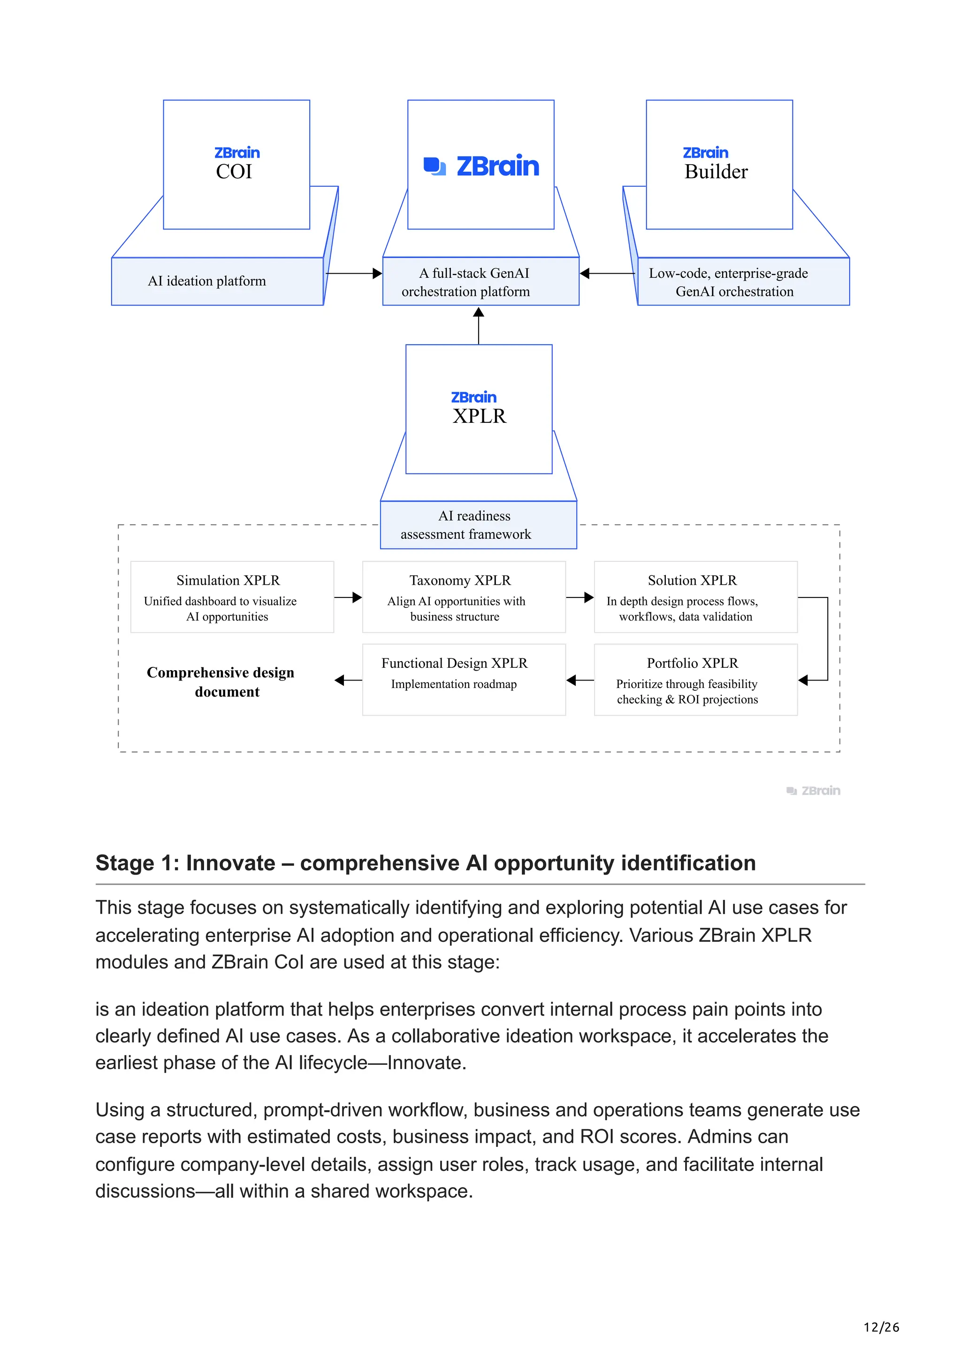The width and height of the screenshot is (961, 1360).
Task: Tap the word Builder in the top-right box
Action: tap(716, 172)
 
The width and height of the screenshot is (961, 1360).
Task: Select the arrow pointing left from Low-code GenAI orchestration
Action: tap(607, 273)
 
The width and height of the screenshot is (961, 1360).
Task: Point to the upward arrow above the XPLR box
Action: tap(479, 325)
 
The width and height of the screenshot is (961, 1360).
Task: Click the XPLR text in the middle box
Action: tap(479, 416)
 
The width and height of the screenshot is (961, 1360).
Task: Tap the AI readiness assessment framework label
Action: tap(466, 525)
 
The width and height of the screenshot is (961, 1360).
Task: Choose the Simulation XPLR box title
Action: tap(228, 581)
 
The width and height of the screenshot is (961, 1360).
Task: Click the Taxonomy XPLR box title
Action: tap(460, 581)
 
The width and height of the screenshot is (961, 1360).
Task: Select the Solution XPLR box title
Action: tap(692, 581)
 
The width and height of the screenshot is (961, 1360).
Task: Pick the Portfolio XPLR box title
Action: tap(692, 663)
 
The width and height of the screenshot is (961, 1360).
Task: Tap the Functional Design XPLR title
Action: tap(454, 663)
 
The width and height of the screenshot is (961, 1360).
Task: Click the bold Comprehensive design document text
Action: tap(221, 682)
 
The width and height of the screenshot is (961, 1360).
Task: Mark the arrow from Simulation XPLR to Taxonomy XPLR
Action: tap(348, 597)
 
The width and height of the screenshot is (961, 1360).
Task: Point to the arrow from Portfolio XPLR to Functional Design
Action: tap(580, 680)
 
